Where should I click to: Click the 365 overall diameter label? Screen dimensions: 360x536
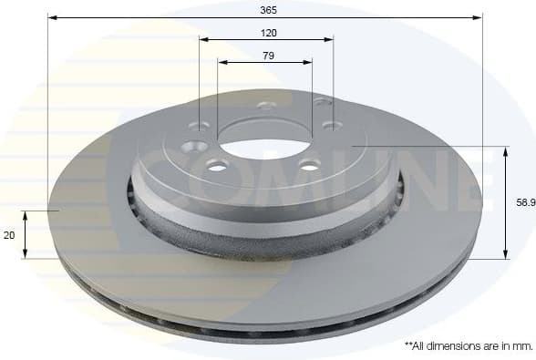point(268,9)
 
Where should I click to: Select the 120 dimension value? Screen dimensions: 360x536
point(268,32)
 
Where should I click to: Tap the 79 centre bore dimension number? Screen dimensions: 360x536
point(268,56)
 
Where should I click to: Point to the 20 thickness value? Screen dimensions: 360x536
point(9,235)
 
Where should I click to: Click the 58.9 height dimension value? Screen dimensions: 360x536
point(524,203)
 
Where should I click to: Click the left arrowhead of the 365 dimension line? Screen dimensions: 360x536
point(52,17)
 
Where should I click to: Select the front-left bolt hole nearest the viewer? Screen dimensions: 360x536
point(217,165)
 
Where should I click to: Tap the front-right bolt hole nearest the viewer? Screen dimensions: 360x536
point(310,165)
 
